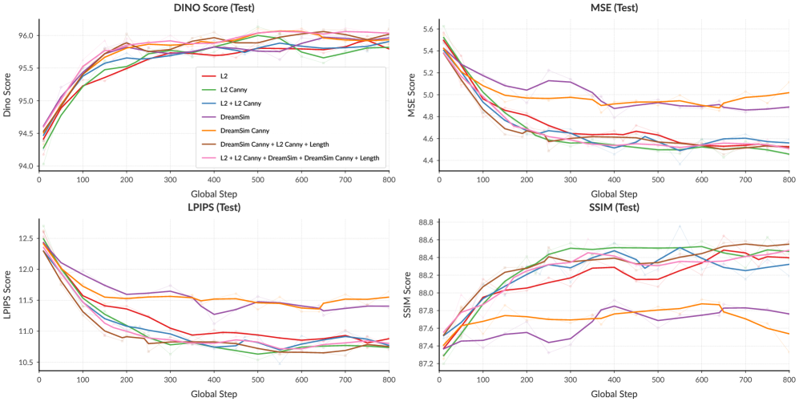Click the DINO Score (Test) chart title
212,8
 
